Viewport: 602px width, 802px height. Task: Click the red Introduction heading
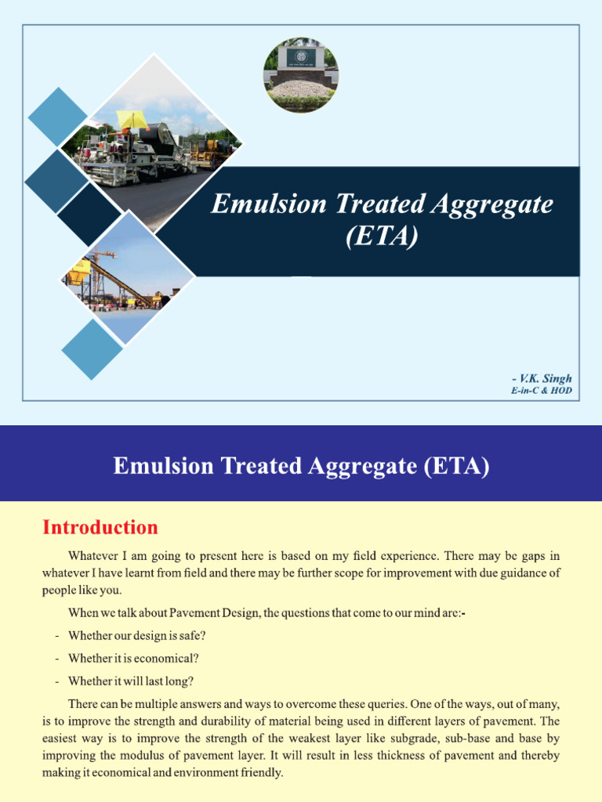click(100, 527)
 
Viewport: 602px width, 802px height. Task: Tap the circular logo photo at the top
click(300, 75)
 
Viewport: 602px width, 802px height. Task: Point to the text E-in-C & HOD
click(541, 390)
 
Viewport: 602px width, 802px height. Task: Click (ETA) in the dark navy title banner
click(381, 235)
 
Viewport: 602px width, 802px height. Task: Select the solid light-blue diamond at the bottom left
click(92, 349)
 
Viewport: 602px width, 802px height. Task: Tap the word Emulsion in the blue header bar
click(158, 466)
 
